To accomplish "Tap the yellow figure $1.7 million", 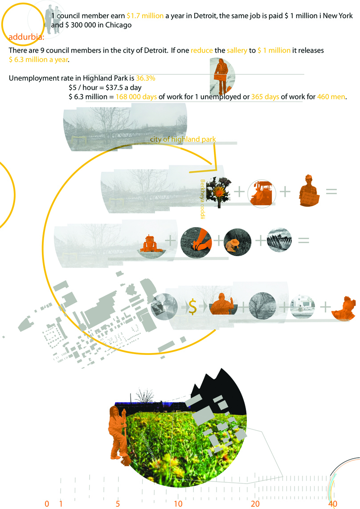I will pos(145,16).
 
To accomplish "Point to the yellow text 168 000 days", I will pos(136,97).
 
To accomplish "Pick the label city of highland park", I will pos(183,139).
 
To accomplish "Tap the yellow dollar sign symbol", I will pos(192,306).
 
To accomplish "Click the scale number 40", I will pos(332,504).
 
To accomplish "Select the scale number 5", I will pos(118,504).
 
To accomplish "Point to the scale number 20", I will pos(255,504).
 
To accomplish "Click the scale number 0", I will pos(47,504).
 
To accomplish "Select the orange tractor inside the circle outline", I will pos(262,192).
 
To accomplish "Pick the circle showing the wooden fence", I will pos(279,241).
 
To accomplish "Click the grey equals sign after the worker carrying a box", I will pos(331,191).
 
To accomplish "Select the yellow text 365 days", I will pos(266,97).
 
